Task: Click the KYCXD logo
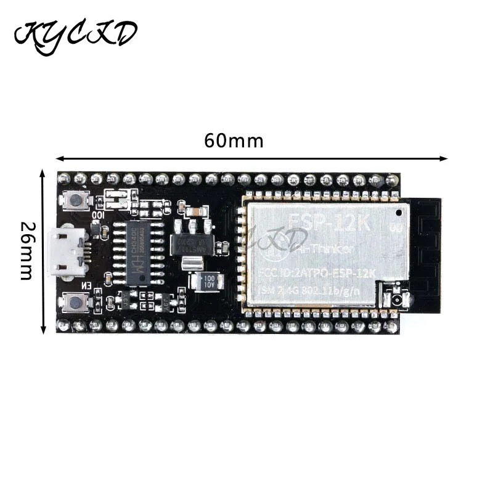click(75, 35)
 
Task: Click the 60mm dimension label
click(234, 141)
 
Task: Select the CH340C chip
click(139, 253)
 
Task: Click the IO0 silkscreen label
click(98, 216)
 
